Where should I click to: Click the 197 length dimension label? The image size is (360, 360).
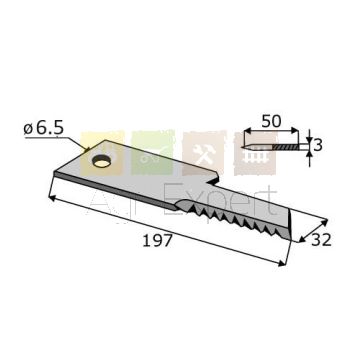[x=157, y=241]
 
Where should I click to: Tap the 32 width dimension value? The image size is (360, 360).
[x=321, y=240]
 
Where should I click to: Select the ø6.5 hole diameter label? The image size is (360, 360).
[x=43, y=128]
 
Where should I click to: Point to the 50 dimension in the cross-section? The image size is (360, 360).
[x=271, y=121]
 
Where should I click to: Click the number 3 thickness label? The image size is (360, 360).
[x=318, y=145]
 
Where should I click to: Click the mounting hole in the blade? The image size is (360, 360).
[x=101, y=162]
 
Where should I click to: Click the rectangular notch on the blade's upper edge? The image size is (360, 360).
[x=212, y=179]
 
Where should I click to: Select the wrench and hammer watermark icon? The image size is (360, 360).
[x=204, y=153]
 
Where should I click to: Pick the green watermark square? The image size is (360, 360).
[x=153, y=153]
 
